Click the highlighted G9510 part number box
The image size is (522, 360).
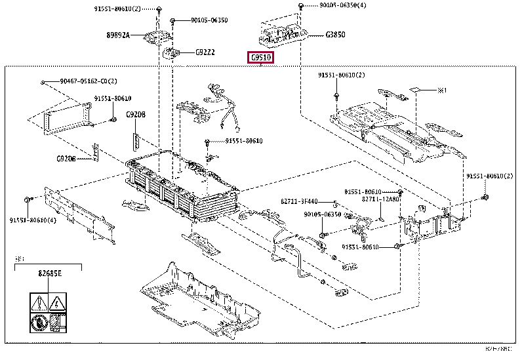pyautogui.click(x=262, y=58)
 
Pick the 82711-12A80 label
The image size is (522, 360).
pyautogui.click(x=380, y=199)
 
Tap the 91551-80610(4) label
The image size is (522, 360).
pyautogui.click(x=32, y=220)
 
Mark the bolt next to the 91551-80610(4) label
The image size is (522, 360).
pyautogui.click(x=26, y=199)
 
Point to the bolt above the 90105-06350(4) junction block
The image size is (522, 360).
pyautogui.click(x=300, y=6)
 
